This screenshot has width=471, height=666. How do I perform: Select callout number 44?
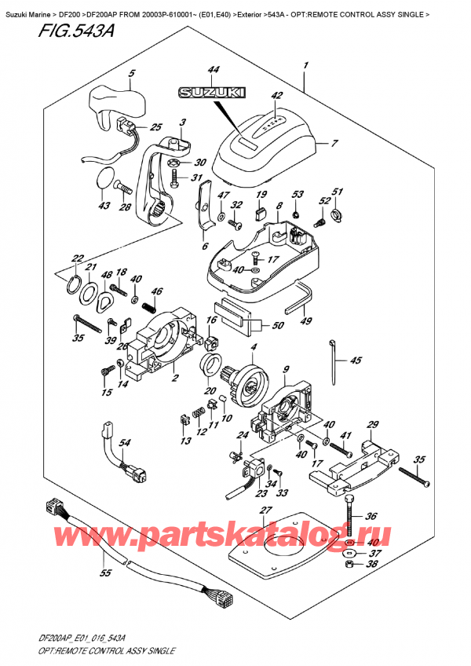(193, 71)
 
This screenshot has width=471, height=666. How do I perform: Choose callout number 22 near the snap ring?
(76, 258)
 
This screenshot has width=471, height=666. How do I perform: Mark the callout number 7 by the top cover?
(334, 144)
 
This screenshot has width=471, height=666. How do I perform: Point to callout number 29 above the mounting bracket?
(373, 423)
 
